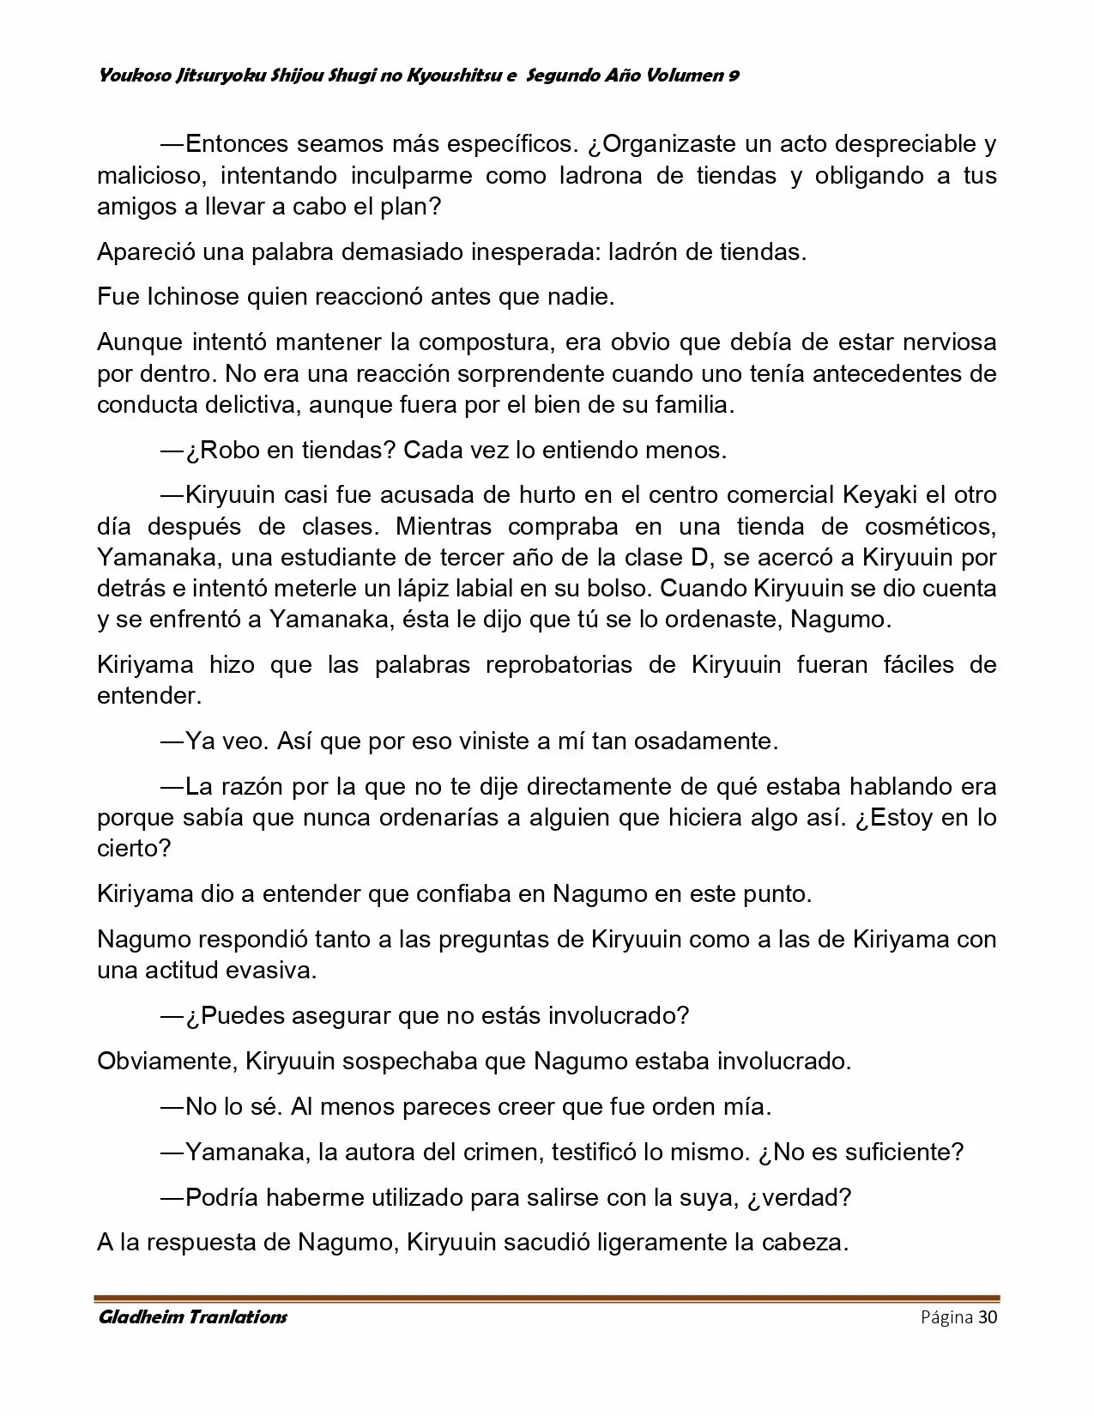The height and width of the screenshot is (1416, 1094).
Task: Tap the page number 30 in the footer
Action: (988, 1317)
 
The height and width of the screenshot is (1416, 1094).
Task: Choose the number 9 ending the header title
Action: (734, 76)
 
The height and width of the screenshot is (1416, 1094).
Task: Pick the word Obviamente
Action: (164, 1061)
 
